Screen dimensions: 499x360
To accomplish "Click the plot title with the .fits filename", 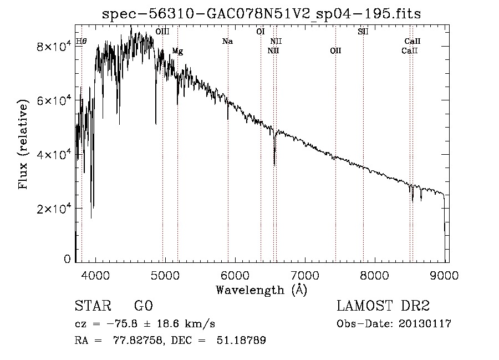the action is click(x=261, y=14).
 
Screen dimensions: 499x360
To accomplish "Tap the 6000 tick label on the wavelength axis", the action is click(x=235, y=275).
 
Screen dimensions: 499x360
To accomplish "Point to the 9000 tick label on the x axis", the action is click(x=444, y=275).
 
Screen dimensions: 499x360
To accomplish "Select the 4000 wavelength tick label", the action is click(x=95, y=275).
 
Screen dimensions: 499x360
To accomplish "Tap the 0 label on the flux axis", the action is click(x=67, y=259).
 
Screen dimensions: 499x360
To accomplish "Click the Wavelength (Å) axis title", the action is click(x=262, y=290).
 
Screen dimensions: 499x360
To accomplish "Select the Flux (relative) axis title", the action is click(x=23, y=144).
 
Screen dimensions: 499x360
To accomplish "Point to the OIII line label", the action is click(x=162, y=32).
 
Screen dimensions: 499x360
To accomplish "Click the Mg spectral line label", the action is click(x=177, y=51).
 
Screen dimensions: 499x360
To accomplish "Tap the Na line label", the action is click(x=227, y=42).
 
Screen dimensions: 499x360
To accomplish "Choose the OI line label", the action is click(x=261, y=32).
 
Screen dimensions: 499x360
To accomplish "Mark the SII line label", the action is click(x=363, y=32).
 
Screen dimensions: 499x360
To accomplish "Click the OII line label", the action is click(x=335, y=51).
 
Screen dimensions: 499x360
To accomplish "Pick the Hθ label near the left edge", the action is click(x=82, y=42).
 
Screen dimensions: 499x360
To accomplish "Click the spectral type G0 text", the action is click(x=144, y=306).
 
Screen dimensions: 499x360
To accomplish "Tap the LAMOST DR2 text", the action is click(x=383, y=306).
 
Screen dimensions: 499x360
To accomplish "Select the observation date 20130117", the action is click(x=425, y=324).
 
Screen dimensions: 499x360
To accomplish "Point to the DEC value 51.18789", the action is click(x=241, y=340).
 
